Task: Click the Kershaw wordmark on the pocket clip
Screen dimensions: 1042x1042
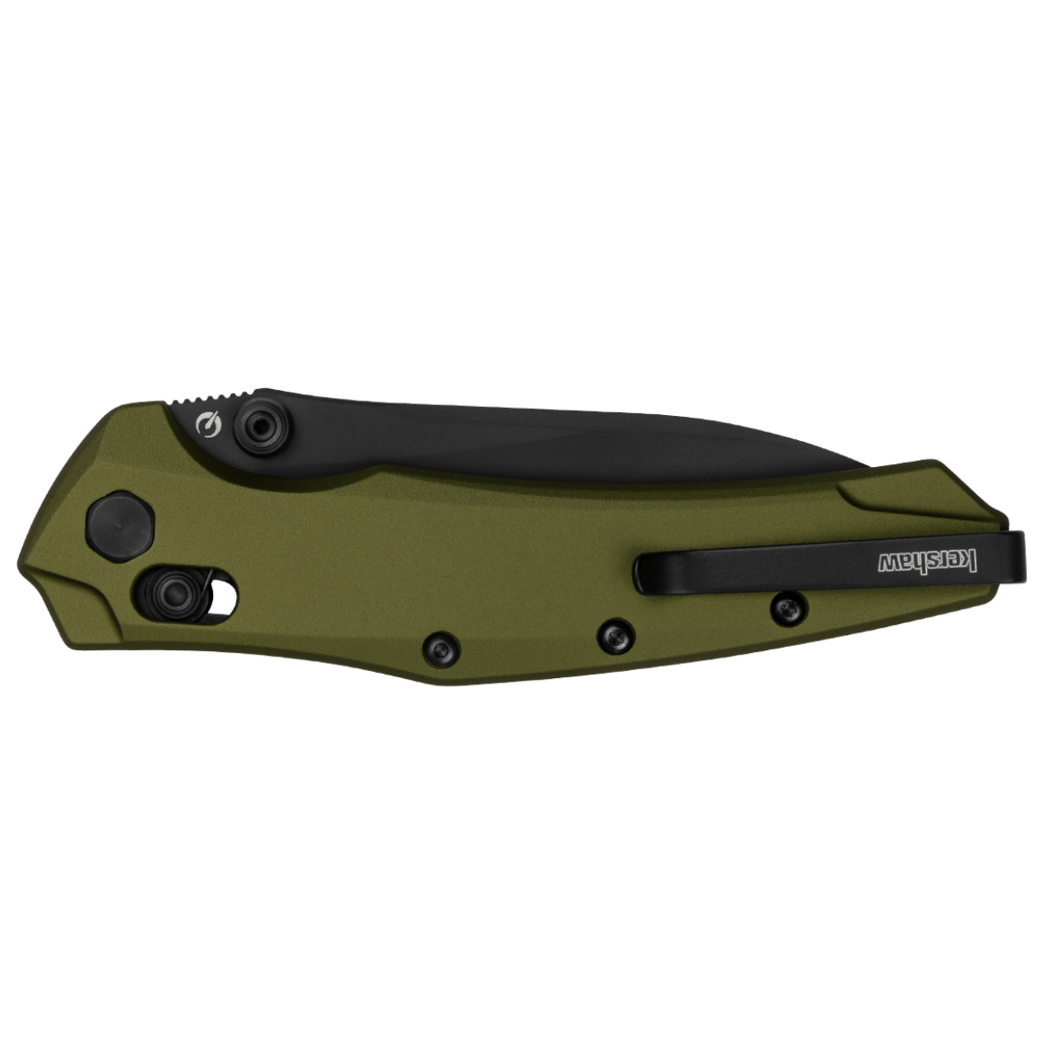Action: point(928,561)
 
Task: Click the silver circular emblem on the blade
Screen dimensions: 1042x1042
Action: point(209,425)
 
